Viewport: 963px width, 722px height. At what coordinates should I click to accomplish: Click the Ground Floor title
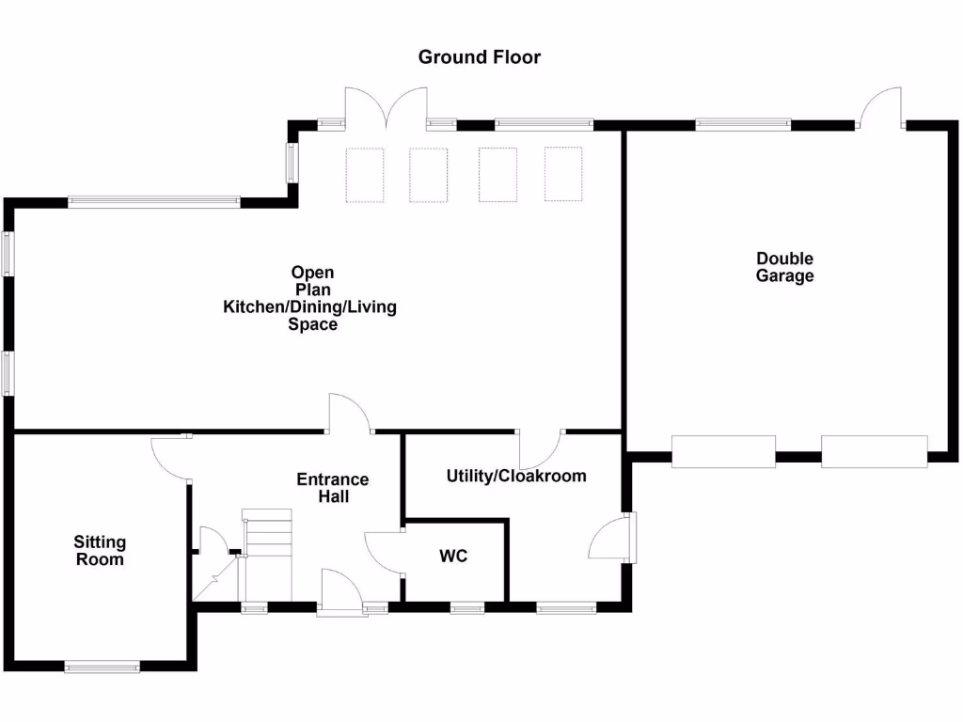[x=479, y=57]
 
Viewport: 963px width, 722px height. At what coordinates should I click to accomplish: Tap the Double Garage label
[x=784, y=267]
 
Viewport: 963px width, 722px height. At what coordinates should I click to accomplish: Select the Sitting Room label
[x=100, y=551]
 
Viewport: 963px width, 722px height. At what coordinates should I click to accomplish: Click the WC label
[x=453, y=556]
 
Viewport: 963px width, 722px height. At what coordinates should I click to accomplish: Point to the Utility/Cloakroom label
[x=515, y=476]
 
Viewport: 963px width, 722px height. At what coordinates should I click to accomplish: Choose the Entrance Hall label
[x=333, y=488]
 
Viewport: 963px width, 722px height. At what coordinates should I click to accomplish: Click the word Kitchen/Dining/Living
[x=309, y=307]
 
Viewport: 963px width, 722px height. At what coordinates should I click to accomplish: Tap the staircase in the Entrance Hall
[x=267, y=555]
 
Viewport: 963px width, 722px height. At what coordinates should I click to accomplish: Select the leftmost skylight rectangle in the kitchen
[x=366, y=175]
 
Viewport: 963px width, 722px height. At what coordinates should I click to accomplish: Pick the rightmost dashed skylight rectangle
[x=564, y=175]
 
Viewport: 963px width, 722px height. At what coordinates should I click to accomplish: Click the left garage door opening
[x=723, y=451]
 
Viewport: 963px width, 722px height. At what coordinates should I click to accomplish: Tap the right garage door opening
[x=874, y=451]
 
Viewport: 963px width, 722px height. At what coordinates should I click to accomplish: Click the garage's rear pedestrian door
[x=882, y=108]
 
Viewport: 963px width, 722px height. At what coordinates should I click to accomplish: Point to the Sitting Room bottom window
[x=102, y=667]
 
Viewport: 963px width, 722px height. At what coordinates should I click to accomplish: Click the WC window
[x=466, y=608]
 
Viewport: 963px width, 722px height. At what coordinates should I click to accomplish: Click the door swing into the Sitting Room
[x=170, y=458]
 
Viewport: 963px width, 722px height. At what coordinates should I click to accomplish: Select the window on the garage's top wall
[x=742, y=122]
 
